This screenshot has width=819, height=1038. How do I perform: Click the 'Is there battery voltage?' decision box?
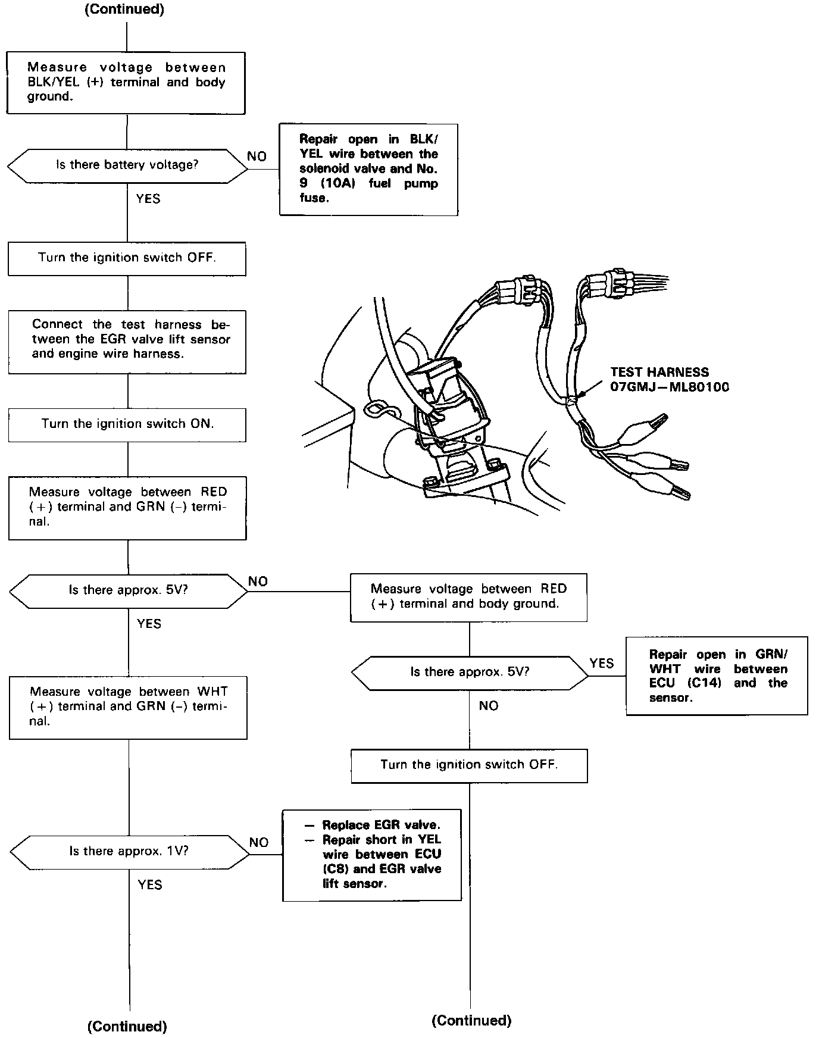[127, 165]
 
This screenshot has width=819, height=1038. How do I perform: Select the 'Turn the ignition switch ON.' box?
[127, 424]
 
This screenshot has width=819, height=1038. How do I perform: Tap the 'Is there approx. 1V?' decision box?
[129, 851]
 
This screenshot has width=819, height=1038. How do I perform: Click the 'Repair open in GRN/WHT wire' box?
[717, 676]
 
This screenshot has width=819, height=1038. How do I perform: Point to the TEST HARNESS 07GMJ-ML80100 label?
[670, 380]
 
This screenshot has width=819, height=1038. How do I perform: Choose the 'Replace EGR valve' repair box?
[372, 855]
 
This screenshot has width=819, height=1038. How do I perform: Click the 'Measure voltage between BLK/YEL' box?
[126, 83]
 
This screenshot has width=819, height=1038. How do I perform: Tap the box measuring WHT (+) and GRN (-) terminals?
[128, 707]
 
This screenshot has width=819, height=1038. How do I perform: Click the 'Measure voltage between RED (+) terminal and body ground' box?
[468, 597]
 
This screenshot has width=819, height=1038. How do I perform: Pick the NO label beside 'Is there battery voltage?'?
[257, 157]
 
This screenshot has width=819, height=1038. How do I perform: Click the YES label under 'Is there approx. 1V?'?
[149, 885]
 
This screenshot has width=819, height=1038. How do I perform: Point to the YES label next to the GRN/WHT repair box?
[601, 663]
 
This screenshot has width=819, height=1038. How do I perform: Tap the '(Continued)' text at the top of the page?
[124, 10]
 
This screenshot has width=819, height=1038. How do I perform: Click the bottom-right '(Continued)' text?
[471, 1021]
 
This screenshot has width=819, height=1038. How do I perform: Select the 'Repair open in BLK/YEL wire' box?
[368, 169]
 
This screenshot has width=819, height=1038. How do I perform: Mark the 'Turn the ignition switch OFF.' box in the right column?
[469, 765]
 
